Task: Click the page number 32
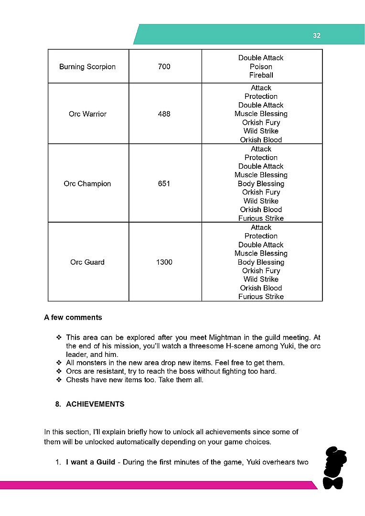coord(317,35)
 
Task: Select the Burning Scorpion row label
coord(87,66)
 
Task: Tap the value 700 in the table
coord(164,66)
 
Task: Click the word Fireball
coord(261,75)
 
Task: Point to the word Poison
coord(261,66)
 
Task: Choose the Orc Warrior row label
coord(87,114)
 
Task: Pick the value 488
coord(164,114)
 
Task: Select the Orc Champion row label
coord(87,183)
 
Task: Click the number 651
coord(164,183)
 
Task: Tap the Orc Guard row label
coord(87,262)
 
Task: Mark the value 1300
coord(164,262)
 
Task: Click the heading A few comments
coord(73,317)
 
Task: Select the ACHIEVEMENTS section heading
coord(95,404)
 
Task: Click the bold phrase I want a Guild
coord(90,462)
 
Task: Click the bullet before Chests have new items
coord(59,380)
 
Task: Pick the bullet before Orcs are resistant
coord(59,371)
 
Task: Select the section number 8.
coord(58,404)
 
